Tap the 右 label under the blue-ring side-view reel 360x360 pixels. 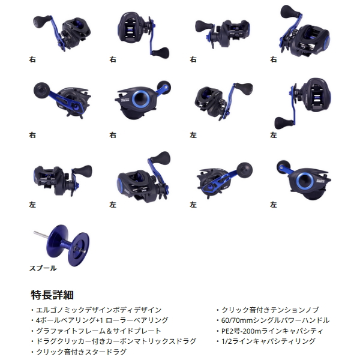tap(113, 135)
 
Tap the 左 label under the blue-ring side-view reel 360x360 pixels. tap(274, 205)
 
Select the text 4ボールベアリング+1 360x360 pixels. tap(62, 320)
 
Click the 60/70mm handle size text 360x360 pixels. tap(238, 320)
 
